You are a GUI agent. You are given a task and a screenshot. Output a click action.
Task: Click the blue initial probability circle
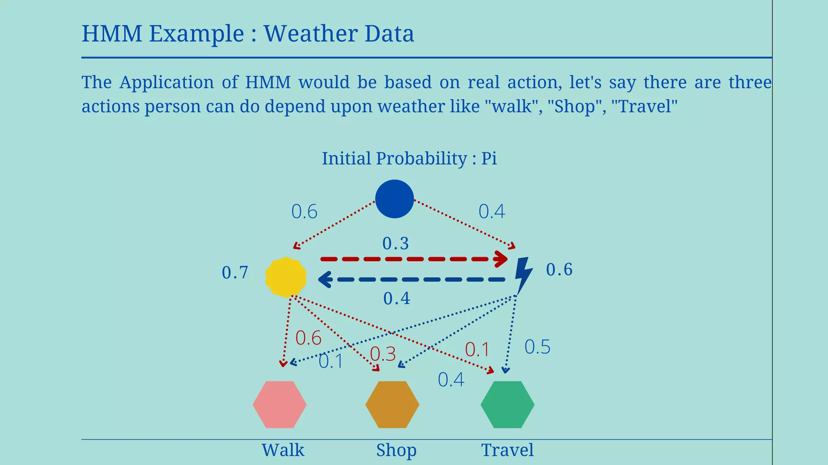(x=394, y=199)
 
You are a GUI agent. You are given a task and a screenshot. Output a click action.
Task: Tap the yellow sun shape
(x=286, y=277)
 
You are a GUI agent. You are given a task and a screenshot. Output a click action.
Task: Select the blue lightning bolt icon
(x=523, y=275)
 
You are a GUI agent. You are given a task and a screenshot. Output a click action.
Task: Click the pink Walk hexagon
(x=280, y=404)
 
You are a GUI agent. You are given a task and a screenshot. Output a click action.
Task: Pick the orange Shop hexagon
(x=392, y=404)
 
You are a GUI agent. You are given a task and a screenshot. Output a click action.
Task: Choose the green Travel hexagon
(x=507, y=404)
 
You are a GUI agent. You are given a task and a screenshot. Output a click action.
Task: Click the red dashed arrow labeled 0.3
(x=412, y=259)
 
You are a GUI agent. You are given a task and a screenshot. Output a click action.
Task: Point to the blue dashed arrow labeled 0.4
(x=412, y=279)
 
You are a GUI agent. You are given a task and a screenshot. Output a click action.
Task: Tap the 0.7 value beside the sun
(x=235, y=273)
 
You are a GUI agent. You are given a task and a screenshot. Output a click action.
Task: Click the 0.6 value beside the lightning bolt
(x=559, y=270)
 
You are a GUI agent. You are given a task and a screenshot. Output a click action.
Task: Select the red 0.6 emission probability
(x=308, y=338)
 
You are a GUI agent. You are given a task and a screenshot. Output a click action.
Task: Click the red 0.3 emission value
(x=383, y=354)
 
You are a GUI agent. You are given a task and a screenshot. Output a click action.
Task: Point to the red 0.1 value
(x=477, y=350)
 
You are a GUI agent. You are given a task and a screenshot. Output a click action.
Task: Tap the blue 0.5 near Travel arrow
(x=537, y=347)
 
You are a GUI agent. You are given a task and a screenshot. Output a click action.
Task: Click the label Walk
(x=283, y=450)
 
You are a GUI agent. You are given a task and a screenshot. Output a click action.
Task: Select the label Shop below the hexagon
(x=396, y=450)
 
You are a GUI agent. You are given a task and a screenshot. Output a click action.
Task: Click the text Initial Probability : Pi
(x=409, y=158)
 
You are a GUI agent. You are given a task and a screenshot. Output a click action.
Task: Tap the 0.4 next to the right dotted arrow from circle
(x=492, y=212)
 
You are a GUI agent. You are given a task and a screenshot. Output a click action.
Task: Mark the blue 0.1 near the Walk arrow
(x=331, y=361)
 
